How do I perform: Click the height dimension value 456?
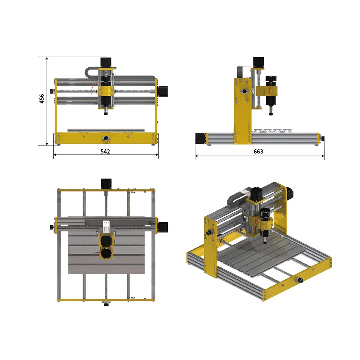[x=42, y=99]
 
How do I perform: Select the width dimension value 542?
[x=105, y=152]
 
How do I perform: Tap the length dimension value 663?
[x=258, y=152]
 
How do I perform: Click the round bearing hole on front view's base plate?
[x=106, y=138]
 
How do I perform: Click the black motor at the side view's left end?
[x=200, y=139]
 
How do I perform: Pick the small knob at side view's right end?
[x=323, y=138]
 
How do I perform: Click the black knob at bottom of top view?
[x=106, y=305]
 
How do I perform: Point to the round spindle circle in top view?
[x=106, y=252]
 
